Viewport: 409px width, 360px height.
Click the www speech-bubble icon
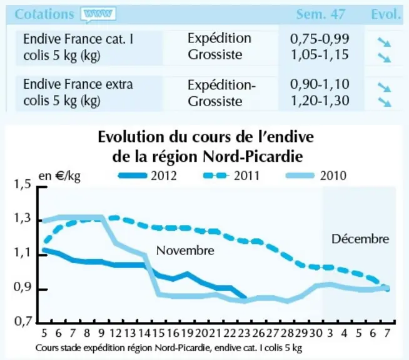(x=98, y=14)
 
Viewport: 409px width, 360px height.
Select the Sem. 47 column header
(x=321, y=14)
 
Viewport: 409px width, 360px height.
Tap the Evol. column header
(x=385, y=14)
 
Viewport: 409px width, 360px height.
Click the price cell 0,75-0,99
(x=320, y=39)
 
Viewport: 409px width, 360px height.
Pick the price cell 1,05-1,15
(x=320, y=55)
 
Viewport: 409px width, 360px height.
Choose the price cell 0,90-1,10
(x=320, y=84)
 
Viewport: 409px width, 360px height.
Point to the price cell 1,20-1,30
(x=320, y=101)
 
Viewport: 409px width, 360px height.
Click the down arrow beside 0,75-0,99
(x=384, y=42)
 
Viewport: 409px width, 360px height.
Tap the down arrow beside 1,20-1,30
(x=384, y=102)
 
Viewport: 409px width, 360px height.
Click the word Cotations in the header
(x=44, y=14)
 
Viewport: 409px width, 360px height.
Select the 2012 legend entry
(x=148, y=176)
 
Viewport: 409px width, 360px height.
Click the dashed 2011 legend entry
(x=231, y=176)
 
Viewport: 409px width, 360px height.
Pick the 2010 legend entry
(x=316, y=176)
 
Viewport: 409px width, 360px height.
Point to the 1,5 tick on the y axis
(x=22, y=184)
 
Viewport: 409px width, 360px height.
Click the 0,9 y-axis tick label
(x=22, y=287)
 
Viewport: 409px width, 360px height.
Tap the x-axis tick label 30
(x=316, y=333)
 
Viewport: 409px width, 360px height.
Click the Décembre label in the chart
(x=360, y=239)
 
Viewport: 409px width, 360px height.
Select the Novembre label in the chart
(x=185, y=251)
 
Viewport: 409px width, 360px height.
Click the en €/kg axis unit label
(x=59, y=176)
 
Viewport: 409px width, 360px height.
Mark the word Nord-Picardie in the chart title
(x=253, y=157)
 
